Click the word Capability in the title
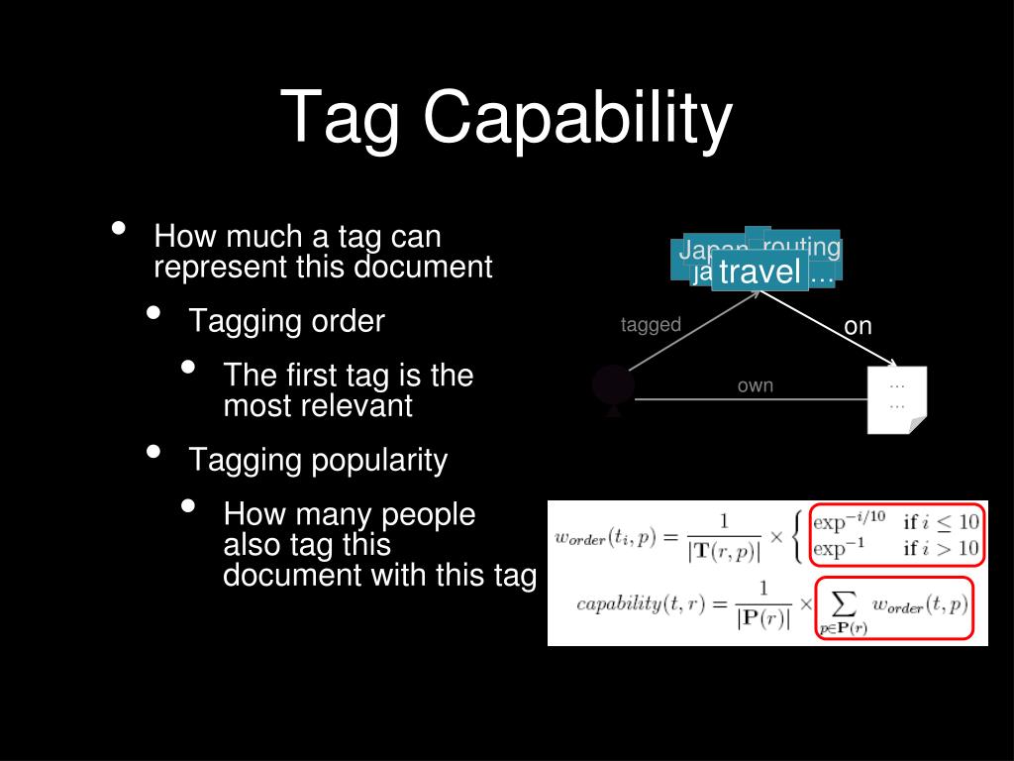coord(577,119)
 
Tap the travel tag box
coord(760,271)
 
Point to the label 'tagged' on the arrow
coord(651,325)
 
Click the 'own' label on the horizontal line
coord(755,385)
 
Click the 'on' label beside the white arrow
coord(858,326)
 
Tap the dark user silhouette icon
coord(612,390)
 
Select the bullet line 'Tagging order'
coord(286,321)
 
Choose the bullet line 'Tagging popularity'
coord(318,460)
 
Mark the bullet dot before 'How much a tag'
coord(119,229)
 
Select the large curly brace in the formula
coord(799,535)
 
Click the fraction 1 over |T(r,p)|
coord(723,536)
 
